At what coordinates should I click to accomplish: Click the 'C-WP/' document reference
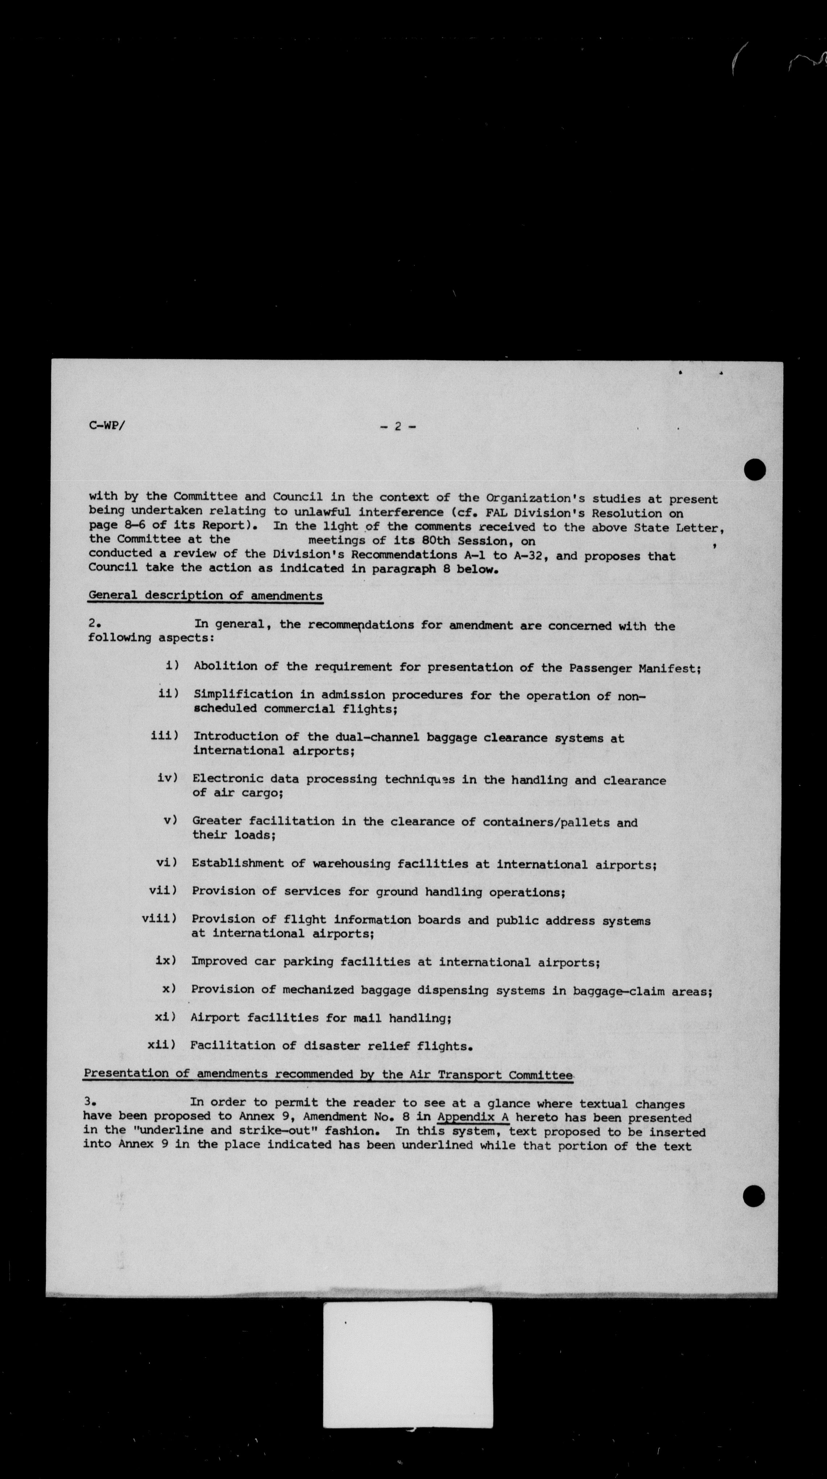[107, 426]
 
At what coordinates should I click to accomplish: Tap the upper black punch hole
[754, 470]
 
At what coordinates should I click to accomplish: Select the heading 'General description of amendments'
[205, 595]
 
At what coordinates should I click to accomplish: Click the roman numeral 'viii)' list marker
[159, 919]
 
